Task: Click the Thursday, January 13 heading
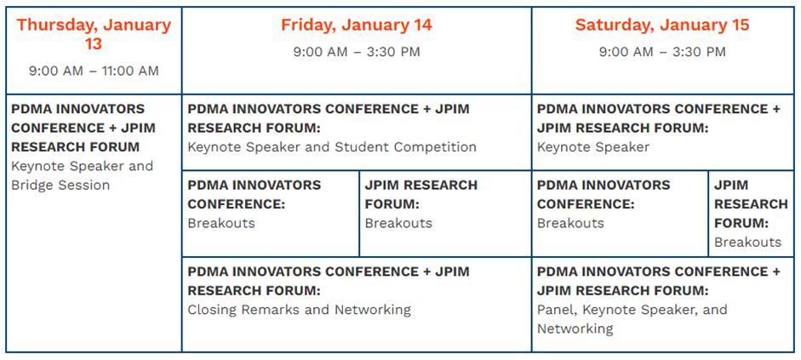[94, 34]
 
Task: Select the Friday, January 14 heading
[357, 25]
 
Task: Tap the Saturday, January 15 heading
[662, 25]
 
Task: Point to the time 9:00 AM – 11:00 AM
[94, 71]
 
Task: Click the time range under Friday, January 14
[357, 52]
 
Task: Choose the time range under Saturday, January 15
[662, 52]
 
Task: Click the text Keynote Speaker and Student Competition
[332, 147]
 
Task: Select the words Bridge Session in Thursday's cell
[60, 185]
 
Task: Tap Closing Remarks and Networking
[300, 310]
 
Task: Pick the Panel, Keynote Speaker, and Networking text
[632, 318]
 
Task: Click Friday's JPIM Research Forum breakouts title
[421, 195]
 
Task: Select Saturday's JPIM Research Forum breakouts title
[751, 204]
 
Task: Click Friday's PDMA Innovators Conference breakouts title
[254, 195]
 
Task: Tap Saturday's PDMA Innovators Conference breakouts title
[604, 195]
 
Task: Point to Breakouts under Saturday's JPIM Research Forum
[748, 242]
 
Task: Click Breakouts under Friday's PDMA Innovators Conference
[221, 223]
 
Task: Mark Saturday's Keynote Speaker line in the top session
[593, 147]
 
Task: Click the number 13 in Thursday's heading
[94, 44]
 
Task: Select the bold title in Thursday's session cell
[83, 129]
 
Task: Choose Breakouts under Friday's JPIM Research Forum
[398, 223]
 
